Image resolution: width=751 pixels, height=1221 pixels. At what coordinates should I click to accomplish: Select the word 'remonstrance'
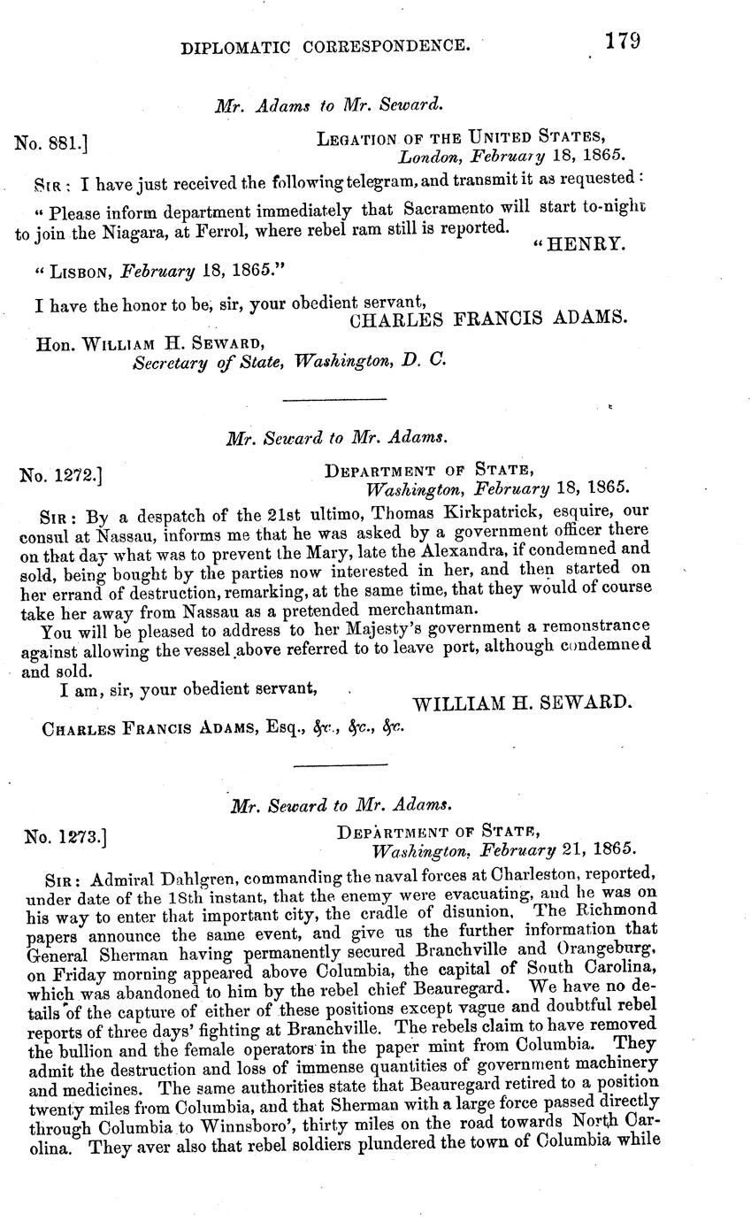(591, 626)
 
